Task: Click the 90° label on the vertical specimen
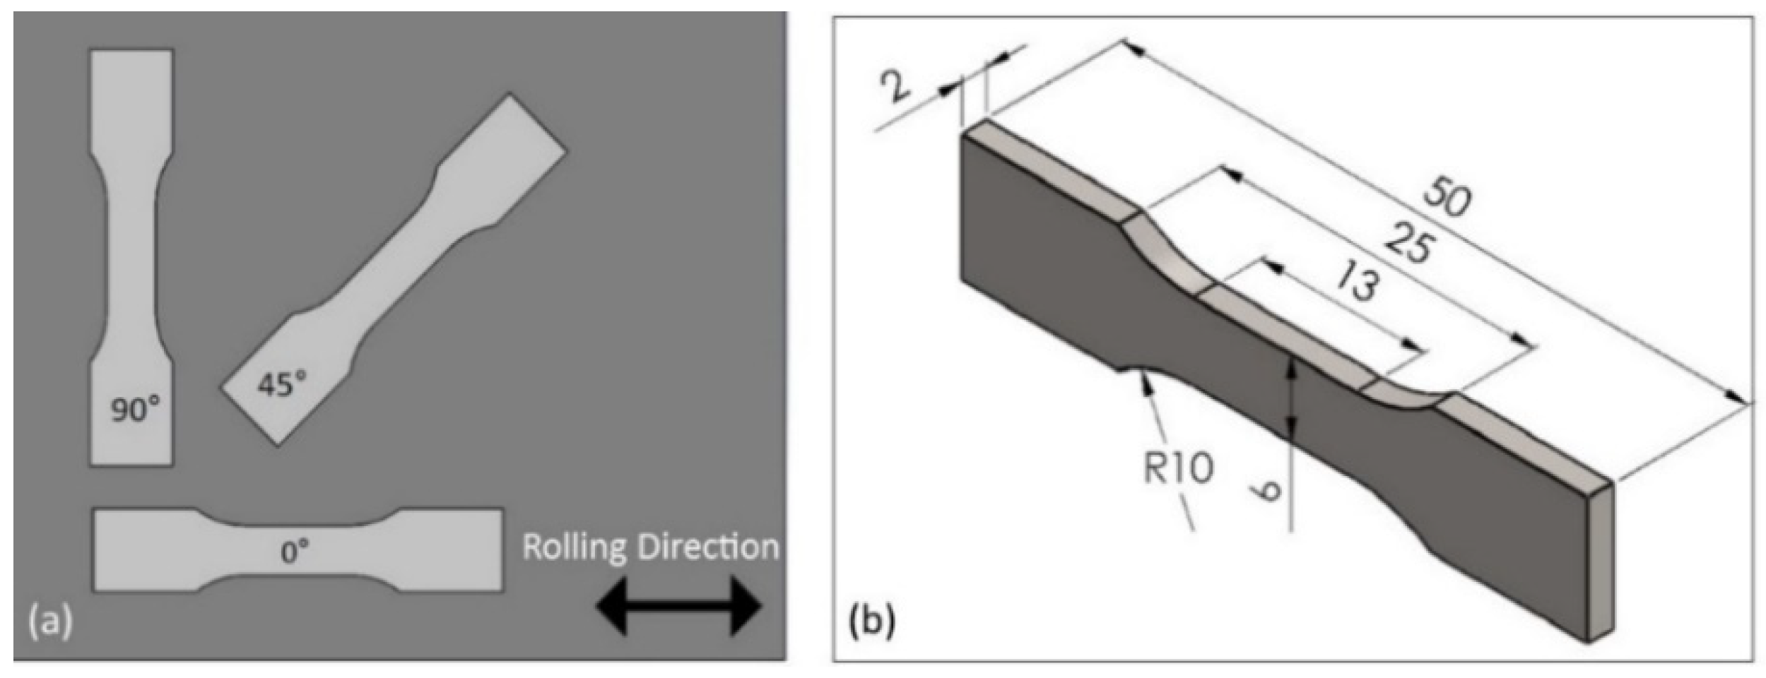(135, 410)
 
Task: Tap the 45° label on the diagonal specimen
(281, 385)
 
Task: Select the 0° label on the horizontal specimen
(295, 552)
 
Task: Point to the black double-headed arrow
(678, 606)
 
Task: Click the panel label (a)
(49, 624)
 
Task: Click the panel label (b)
(871, 624)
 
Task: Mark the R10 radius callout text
(1178, 468)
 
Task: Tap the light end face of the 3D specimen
(1600, 561)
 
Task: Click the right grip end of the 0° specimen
(452, 549)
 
